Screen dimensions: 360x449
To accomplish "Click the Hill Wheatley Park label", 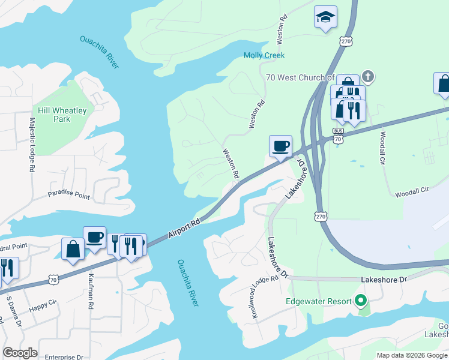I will (x=62, y=115).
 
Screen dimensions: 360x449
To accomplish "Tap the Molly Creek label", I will (x=264, y=55).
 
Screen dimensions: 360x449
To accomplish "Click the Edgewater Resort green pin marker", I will (x=360, y=300).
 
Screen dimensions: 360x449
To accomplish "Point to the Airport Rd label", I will (x=184, y=227).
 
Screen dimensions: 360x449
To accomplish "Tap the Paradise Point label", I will (x=68, y=196).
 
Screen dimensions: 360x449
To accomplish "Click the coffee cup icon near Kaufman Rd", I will (x=94, y=238).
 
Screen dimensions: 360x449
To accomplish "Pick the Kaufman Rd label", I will (x=91, y=298).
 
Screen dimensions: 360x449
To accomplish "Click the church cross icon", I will (x=367, y=77).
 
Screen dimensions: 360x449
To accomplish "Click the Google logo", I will (x=20, y=353).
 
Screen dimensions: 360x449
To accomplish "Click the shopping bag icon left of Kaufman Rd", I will (x=73, y=249).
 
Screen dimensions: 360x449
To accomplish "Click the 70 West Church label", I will (x=300, y=77).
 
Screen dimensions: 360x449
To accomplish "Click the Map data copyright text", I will (x=412, y=355).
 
